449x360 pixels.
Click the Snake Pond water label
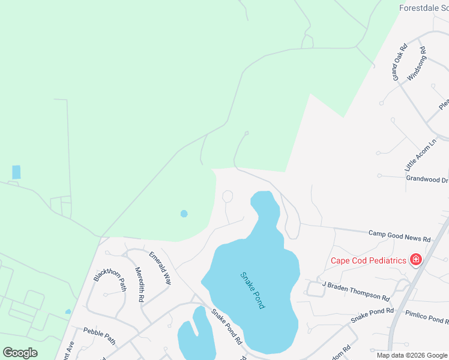pyautogui.click(x=252, y=290)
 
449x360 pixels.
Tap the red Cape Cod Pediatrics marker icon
pyautogui.click(x=415, y=260)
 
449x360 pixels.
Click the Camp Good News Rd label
pyautogui.click(x=399, y=235)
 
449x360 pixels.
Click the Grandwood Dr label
pyautogui.click(x=427, y=179)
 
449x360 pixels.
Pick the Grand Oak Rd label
pyautogui.click(x=400, y=62)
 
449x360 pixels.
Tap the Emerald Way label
pyautogui.click(x=160, y=268)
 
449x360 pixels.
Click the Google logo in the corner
pyautogui.click(x=20, y=353)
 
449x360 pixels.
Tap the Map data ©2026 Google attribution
pyautogui.click(x=412, y=355)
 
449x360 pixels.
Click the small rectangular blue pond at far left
pyautogui.click(x=16, y=172)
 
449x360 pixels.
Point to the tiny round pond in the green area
pyautogui.click(x=184, y=213)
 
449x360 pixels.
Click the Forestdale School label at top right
pyautogui.click(x=424, y=8)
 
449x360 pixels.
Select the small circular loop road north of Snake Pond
pyautogui.click(x=228, y=196)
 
